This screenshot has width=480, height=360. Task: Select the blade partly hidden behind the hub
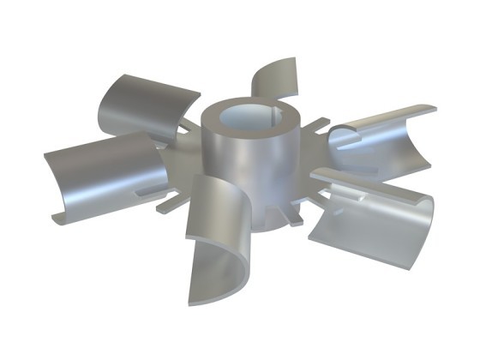(x=277, y=79)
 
